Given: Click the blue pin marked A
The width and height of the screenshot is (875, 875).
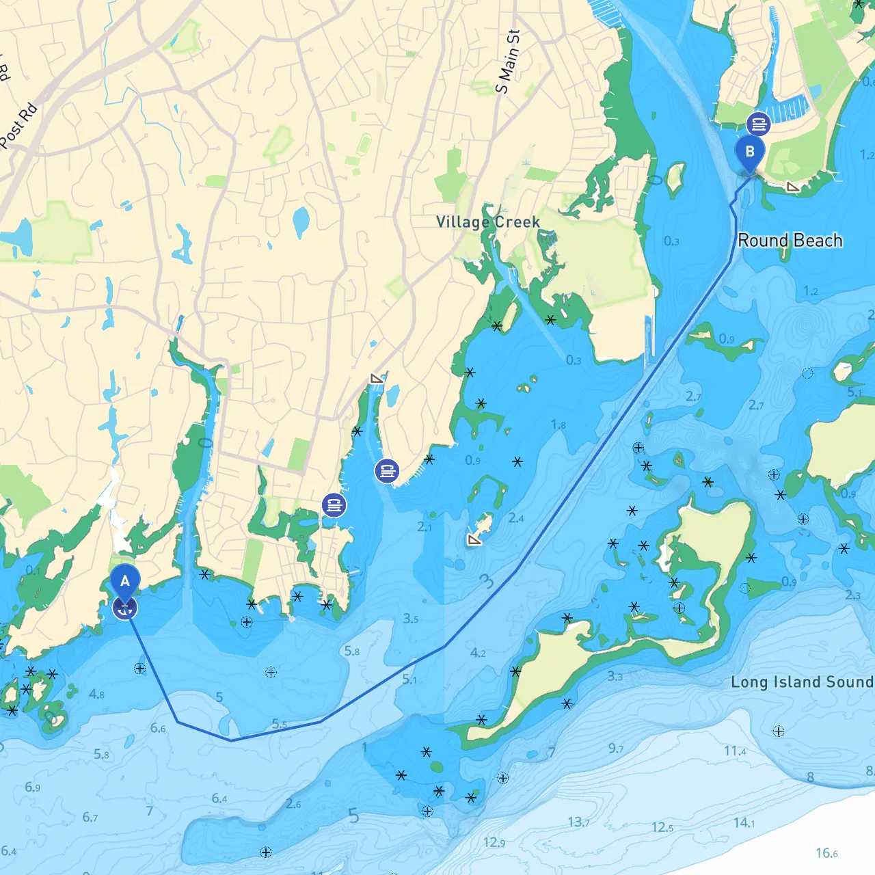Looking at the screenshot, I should tap(125, 582).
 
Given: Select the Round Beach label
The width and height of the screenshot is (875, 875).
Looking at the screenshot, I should tap(790, 241).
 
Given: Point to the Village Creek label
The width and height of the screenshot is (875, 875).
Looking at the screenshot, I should tap(488, 222).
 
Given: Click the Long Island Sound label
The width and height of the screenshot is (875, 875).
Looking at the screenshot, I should tap(802, 682).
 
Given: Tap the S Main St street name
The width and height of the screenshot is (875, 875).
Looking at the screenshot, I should tap(508, 62).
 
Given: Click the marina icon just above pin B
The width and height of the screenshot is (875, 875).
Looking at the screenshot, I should tap(758, 124).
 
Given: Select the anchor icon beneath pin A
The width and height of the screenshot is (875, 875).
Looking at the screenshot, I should tap(124, 608).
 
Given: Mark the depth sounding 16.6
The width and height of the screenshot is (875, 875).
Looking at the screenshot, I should tap(826, 852).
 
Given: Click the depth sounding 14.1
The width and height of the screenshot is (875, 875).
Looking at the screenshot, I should tap(744, 822).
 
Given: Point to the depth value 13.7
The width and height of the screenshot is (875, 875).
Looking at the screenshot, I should tap(578, 822).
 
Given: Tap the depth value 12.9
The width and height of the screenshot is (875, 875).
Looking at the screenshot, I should tap(494, 842).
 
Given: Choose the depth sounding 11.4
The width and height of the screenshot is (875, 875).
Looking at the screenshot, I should tap(735, 751).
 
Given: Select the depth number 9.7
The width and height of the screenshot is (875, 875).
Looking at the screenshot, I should tap(616, 749).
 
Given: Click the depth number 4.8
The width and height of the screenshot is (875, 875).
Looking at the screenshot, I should tap(96, 694).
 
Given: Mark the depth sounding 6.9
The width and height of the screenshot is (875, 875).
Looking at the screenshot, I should tap(32, 787).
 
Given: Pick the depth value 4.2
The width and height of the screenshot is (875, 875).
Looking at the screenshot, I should tap(478, 653).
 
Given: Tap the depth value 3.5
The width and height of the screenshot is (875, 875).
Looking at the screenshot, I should tap(410, 619).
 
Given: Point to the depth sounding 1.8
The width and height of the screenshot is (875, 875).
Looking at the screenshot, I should tap(558, 425).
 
